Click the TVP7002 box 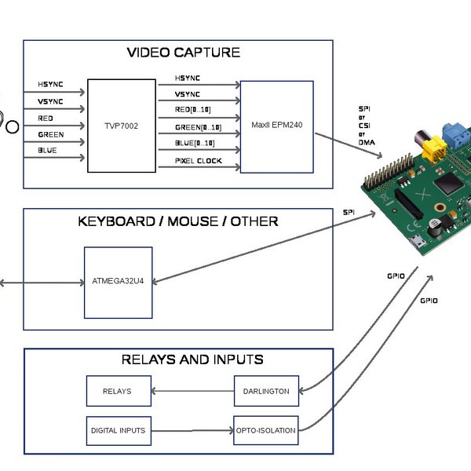(x=122, y=126)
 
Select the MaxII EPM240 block (x=276, y=126)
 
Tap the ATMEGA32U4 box (x=118, y=283)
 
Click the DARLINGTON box (x=266, y=390)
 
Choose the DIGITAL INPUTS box (x=118, y=430)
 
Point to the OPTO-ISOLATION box (x=266, y=430)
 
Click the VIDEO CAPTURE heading (x=183, y=53)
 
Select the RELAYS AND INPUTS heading (x=192, y=360)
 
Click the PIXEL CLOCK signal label (x=198, y=161)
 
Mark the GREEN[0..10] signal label (x=198, y=127)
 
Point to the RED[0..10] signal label (x=192, y=111)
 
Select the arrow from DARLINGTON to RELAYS (x=192, y=390)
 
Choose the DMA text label (x=367, y=142)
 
